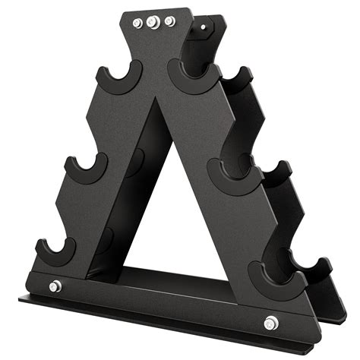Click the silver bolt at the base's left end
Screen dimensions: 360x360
click(55, 286)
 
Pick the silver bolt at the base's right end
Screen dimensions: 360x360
click(271, 322)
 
